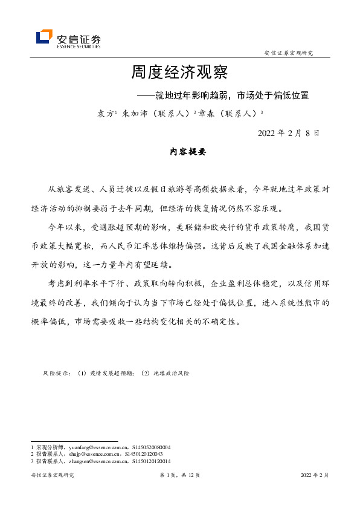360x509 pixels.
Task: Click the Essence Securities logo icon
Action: click(44, 37)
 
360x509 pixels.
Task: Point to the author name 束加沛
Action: click(133, 113)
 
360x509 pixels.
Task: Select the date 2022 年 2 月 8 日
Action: click(288, 132)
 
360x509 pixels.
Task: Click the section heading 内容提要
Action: click(188, 152)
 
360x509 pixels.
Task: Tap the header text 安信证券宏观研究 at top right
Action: click(289, 53)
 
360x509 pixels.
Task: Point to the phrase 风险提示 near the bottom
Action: click(56, 374)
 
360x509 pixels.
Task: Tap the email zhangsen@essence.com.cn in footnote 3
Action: click(96, 461)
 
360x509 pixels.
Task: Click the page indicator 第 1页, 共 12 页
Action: click(179, 476)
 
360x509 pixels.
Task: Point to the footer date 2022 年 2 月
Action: click(315, 476)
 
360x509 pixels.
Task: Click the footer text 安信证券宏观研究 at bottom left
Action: click(52, 476)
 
